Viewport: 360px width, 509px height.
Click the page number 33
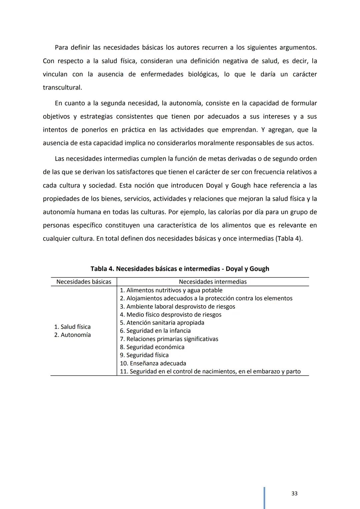294,493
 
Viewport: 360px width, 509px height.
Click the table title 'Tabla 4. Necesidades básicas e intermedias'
180,269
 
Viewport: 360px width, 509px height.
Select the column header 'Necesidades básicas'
84,282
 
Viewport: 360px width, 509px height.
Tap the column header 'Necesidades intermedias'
213,282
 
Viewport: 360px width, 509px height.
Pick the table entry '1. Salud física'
72,327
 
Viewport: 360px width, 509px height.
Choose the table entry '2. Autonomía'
72,335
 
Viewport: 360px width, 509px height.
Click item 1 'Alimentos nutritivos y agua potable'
171,290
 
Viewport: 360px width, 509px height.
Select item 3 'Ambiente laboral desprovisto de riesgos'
177,306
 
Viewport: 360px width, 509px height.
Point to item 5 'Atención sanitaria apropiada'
162,323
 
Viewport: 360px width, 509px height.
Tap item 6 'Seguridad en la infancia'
155,331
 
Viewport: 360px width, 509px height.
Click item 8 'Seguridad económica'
152,347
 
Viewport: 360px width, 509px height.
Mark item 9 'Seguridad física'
144,355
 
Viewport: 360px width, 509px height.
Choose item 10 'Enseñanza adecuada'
153,363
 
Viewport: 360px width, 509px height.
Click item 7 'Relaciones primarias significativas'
169,339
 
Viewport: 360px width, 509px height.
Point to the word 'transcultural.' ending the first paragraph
62,88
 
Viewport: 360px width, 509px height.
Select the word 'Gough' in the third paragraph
241,185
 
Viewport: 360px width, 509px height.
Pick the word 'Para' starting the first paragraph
61,47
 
